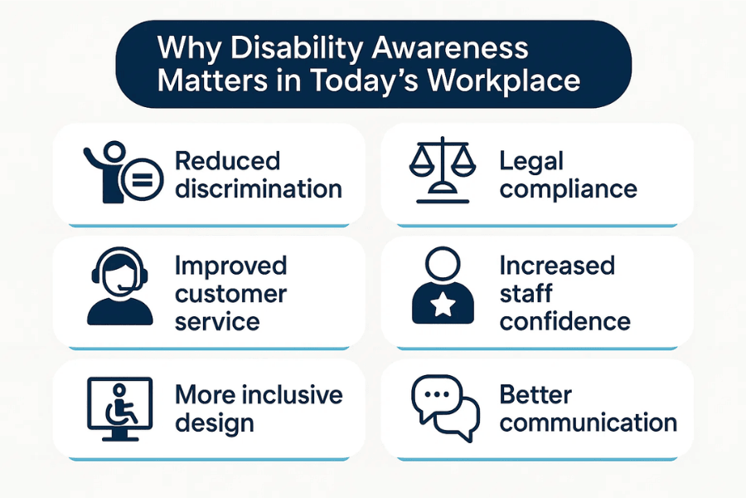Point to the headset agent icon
[x=119, y=288]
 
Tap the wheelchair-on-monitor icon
[x=119, y=408]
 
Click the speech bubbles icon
[x=445, y=406]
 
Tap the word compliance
[x=569, y=188]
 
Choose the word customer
[x=230, y=293]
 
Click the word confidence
[x=564, y=320]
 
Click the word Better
[x=535, y=394]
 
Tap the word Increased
[x=557, y=266]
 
